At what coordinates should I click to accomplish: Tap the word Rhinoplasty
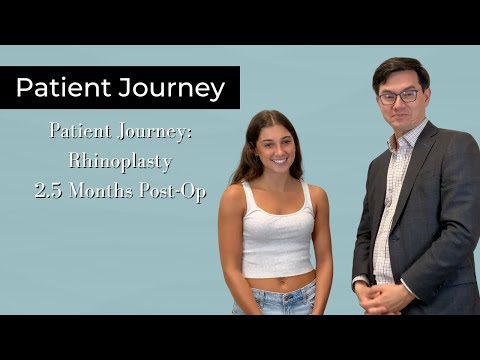pos(121,160)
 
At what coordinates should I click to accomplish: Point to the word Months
pos(105,190)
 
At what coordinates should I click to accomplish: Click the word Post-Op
pos(174,190)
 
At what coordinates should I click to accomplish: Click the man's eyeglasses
pos(399,97)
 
